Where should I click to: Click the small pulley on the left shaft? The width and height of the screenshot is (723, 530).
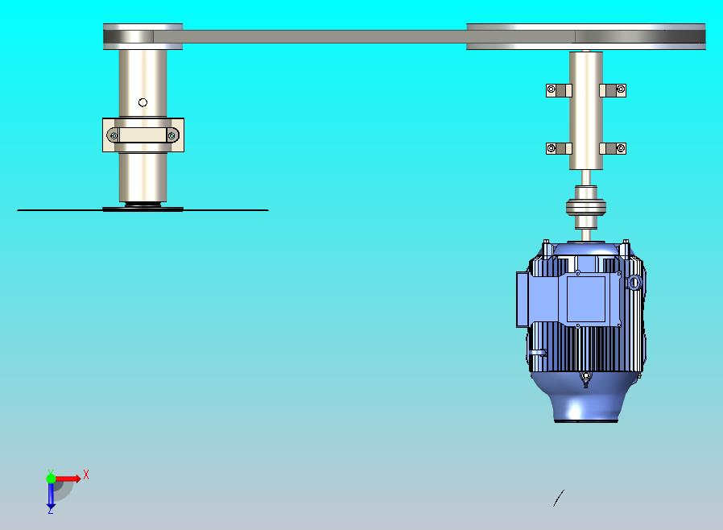click(143, 36)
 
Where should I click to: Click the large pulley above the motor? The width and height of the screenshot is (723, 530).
click(585, 36)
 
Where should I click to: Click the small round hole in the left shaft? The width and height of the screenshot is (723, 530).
click(143, 102)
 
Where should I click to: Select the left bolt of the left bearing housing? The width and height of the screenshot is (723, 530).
click(114, 135)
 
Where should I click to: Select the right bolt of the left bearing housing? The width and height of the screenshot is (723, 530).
click(171, 135)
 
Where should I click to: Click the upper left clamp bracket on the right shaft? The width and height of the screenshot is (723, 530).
click(559, 90)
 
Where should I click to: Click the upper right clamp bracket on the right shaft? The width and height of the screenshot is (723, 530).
click(613, 90)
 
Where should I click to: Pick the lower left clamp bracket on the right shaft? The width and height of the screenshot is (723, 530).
click(559, 148)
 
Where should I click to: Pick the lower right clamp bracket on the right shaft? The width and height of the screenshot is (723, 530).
click(613, 148)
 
